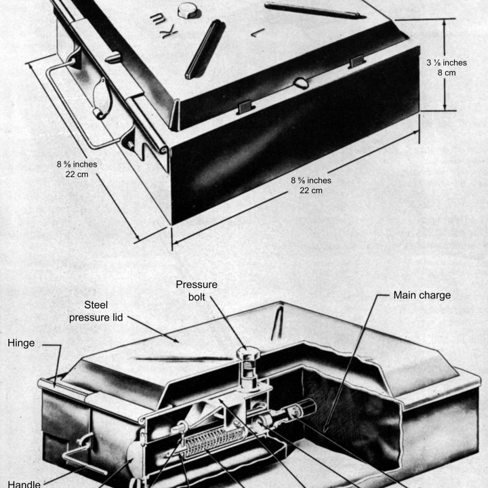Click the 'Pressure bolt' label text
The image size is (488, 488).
[x=197, y=291]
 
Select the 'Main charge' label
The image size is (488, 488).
[x=422, y=295]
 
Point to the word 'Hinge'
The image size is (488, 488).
[x=21, y=344]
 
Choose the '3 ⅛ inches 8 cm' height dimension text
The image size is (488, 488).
[x=447, y=68]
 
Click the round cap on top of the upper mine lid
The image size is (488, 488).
[x=186, y=10]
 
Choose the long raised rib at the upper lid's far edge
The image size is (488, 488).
[x=314, y=10]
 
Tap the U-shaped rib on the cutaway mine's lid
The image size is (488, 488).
[x=279, y=323]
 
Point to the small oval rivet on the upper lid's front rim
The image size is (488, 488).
[x=302, y=83]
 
